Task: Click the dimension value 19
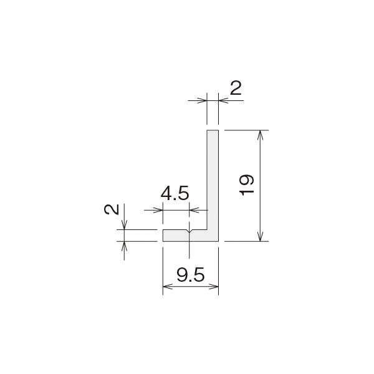pos(247,185)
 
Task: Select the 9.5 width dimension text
pos(191,275)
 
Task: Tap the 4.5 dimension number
pos(175,193)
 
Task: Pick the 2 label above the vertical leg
pos(236,88)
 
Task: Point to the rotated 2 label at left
pos(112,209)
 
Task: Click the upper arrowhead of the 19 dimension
pos(260,135)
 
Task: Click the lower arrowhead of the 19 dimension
pos(260,237)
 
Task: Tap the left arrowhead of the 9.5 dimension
pos(168,286)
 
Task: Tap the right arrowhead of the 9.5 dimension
pos(214,286)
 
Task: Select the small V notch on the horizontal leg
pos(189,231)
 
